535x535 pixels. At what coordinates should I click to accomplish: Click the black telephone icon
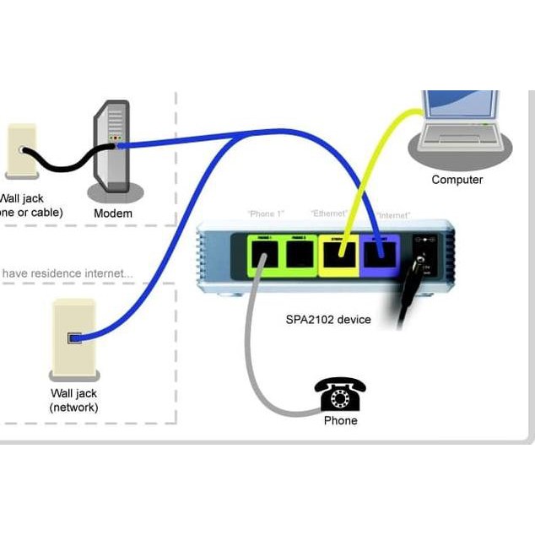pyautogui.click(x=340, y=394)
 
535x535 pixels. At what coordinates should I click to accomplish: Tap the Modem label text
pyautogui.click(x=113, y=213)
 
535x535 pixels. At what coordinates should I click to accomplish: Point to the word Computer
pyautogui.click(x=457, y=180)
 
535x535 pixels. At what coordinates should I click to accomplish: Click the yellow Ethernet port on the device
pyautogui.click(x=339, y=252)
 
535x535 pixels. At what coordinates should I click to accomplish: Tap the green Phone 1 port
pyautogui.click(x=264, y=252)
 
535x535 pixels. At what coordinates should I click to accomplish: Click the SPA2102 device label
pyautogui.click(x=327, y=320)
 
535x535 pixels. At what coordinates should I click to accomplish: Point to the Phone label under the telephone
pyautogui.click(x=341, y=420)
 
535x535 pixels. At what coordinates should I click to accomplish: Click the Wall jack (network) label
pyautogui.click(x=74, y=400)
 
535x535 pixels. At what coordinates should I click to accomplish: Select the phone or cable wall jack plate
pyautogui.click(x=21, y=151)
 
